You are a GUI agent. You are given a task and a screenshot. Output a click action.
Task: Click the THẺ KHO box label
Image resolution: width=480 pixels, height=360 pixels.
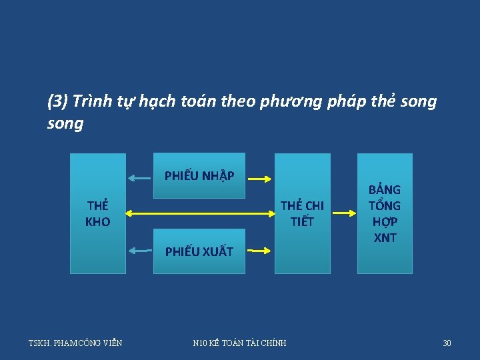point(98,213)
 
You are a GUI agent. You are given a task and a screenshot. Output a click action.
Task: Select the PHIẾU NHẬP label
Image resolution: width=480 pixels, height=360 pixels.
point(199,176)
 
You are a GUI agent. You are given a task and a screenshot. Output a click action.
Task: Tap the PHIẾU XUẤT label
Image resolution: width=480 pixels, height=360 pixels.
point(199,251)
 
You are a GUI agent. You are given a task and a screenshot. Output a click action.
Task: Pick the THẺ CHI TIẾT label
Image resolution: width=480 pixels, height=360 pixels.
point(302,213)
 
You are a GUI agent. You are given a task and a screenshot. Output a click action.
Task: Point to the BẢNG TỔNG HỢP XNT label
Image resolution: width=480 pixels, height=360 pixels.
point(385,213)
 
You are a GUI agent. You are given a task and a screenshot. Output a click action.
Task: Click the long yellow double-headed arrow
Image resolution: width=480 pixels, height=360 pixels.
point(200,214)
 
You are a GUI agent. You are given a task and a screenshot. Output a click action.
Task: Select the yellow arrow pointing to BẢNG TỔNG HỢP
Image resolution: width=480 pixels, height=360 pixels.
point(344,213)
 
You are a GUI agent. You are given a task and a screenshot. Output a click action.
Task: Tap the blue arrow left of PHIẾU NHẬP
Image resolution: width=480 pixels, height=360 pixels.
point(140,178)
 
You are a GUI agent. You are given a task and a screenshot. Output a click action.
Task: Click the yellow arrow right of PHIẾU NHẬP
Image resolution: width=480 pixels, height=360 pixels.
point(260,178)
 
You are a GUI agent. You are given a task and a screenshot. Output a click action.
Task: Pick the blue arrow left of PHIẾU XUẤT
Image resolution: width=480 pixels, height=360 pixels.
point(140,251)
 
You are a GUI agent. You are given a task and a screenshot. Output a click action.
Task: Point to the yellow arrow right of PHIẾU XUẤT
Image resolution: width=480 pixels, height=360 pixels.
point(260,251)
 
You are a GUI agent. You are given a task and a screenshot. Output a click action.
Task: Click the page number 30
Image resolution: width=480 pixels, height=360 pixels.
point(447,343)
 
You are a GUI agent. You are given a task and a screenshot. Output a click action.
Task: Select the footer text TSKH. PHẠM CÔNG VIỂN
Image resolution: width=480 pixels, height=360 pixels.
point(75,343)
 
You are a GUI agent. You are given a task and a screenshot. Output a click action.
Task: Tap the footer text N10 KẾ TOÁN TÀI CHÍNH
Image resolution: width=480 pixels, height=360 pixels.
point(239,343)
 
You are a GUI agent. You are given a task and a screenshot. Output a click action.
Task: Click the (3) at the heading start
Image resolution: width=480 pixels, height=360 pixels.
point(57,101)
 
